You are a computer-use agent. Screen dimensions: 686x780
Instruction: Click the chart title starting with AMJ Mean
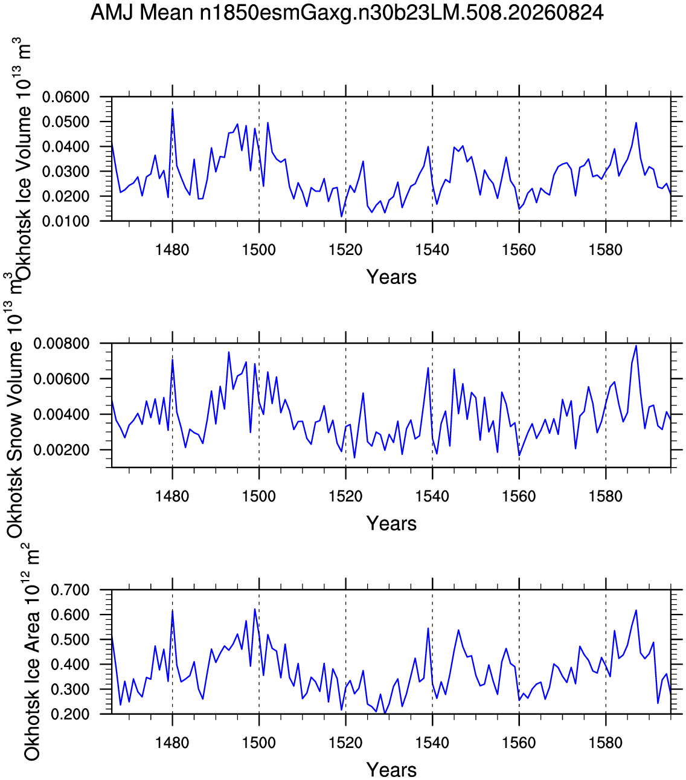(x=347, y=13)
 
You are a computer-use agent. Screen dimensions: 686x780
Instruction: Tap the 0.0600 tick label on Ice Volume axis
(x=65, y=97)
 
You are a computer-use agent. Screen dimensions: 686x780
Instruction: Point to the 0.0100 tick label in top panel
(x=65, y=221)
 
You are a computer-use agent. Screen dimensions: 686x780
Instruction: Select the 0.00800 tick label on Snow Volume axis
(x=61, y=343)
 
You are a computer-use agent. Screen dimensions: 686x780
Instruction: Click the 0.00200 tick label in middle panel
(x=61, y=450)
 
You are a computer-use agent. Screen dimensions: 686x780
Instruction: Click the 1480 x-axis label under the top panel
(x=172, y=250)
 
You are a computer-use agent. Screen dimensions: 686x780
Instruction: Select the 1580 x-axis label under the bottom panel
(x=606, y=743)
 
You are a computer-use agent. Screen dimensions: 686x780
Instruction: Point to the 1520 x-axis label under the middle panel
(x=345, y=496)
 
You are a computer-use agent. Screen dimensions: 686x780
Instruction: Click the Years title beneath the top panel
(x=391, y=277)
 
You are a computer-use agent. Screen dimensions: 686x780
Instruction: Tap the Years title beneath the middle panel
(x=391, y=523)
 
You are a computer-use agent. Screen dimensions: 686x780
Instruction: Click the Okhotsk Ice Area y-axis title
(x=31, y=651)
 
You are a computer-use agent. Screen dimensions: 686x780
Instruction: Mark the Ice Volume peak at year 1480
(x=172, y=109)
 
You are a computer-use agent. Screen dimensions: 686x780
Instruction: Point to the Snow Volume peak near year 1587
(x=636, y=346)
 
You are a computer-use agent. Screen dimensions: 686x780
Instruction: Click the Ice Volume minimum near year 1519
(x=341, y=217)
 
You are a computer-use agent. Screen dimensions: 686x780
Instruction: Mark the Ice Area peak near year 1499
(x=255, y=609)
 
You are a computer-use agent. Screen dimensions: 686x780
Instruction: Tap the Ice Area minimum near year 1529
(x=385, y=714)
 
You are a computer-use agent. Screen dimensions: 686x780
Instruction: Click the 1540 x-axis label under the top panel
(x=432, y=250)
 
